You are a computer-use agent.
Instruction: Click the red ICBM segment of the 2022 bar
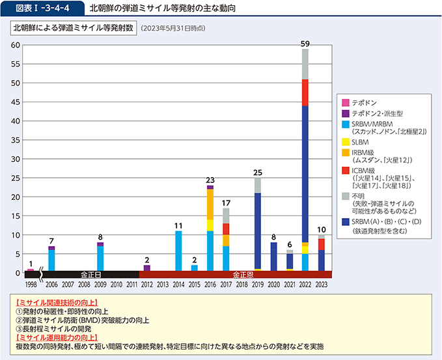(x=305, y=92)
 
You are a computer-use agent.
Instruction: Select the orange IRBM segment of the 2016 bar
(x=210, y=204)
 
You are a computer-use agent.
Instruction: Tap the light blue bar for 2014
(x=178, y=251)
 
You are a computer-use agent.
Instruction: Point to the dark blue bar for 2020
(x=273, y=256)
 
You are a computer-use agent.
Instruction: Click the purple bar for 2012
(x=147, y=268)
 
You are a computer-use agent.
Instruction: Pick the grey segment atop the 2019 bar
(x=258, y=186)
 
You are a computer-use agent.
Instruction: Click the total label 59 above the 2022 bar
(x=305, y=44)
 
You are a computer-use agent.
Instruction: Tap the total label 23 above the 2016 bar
(x=210, y=180)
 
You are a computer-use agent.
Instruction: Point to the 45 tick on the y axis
(x=16, y=102)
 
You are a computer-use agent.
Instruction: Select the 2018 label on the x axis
(x=242, y=284)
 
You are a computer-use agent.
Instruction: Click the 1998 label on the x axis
(x=31, y=284)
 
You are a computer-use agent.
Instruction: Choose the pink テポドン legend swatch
(x=346, y=103)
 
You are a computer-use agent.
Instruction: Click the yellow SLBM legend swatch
(x=346, y=142)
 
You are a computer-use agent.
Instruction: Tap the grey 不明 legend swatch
(x=346, y=196)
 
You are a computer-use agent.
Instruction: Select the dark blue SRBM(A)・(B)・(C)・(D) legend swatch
(x=346, y=222)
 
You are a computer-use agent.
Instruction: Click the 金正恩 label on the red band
(x=243, y=275)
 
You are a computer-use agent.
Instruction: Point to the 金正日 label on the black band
(x=90, y=275)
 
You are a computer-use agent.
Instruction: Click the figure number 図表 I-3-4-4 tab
(x=42, y=8)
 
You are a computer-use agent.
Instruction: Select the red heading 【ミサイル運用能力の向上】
(x=57, y=337)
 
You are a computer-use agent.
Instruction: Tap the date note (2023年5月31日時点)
(x=173, y=29)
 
